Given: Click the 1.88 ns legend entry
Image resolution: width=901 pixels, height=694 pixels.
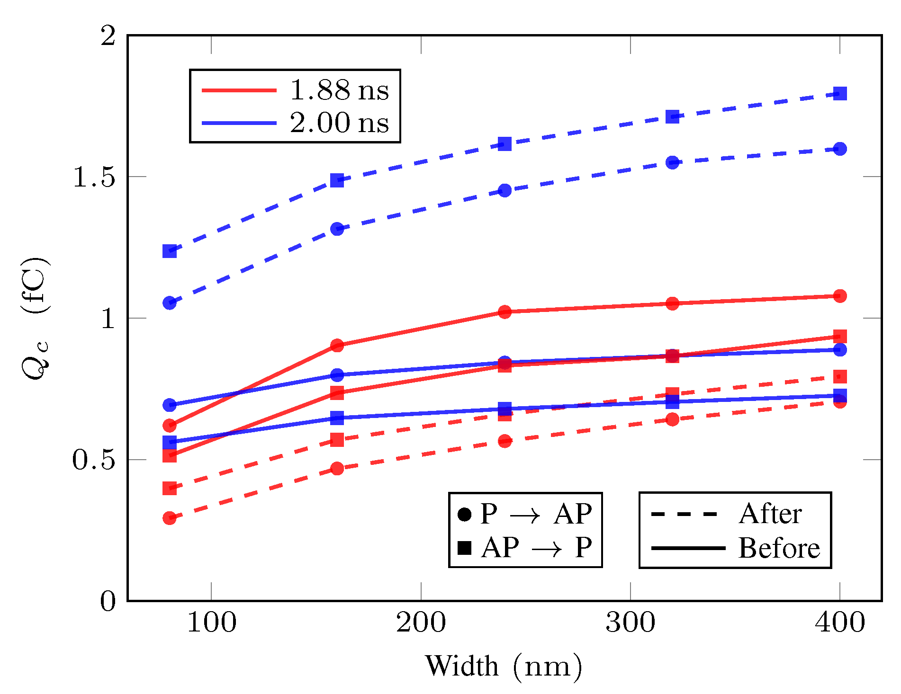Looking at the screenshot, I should pyautogui.click(x=339, y=90).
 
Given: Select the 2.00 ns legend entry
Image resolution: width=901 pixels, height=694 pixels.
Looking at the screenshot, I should pyautogui.click(x=339, y=123).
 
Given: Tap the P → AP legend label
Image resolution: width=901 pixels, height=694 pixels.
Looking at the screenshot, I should pyautogui.click(x=535, y=514).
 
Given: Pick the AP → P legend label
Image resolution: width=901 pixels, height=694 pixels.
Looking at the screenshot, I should pyautogui.click(x=535, y=548).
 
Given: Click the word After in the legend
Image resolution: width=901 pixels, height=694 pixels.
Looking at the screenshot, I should pyautogui.click(x=770, y=514).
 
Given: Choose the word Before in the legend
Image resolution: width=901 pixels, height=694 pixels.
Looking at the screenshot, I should pyautogui.click(x=779, y=548).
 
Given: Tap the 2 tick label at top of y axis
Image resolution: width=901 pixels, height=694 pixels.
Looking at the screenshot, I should pyautogui.click(x=108, y=36).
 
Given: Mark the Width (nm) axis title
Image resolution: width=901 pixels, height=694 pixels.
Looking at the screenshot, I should pyautogui.click(x=504, y=666).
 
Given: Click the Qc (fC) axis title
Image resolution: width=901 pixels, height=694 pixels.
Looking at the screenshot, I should pyautogui.click(x=36, y=318).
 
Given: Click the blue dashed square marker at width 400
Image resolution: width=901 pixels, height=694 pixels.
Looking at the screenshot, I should pyautogui.click(x=840, y=93).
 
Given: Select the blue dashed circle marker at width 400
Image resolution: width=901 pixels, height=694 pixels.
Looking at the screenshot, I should pyautogui.click(x=840, y=149).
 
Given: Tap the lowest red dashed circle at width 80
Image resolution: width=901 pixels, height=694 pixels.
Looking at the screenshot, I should pyautogui.click(x=170, y=518).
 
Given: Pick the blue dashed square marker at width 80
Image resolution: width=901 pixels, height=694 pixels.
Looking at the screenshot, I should pyautogui.click(x=170, y=251).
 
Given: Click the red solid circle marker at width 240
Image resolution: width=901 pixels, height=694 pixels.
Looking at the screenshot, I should pyautogui.click(x=505, y=312).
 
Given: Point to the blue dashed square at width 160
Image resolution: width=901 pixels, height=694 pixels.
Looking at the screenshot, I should pyautogui.click(x=337, y=180).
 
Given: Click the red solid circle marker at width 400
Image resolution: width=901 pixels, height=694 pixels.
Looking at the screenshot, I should pyautogui.click(x=840, y=296).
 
